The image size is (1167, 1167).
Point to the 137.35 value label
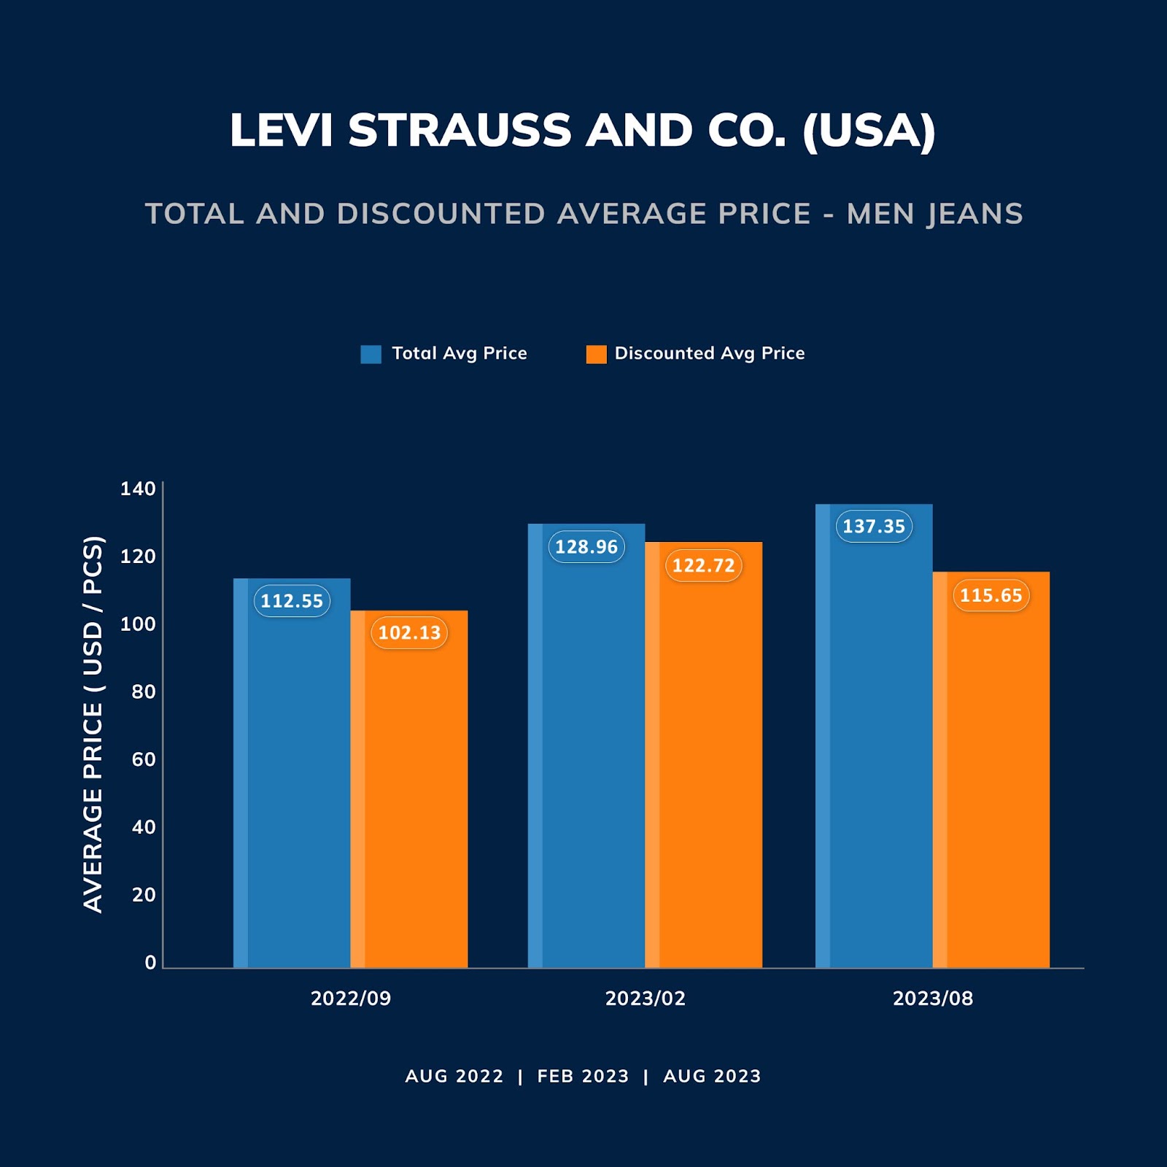pyautogui.click(x=874, y=526)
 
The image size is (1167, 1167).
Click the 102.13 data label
pyautogui.click(x=409, y=632)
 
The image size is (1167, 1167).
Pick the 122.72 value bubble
pyautogui.click(x=703, y=565)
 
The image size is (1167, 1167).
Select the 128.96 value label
pyautogui.click(x=586, y=546)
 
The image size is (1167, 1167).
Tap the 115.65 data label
pyautogui.click(x=990, y=595)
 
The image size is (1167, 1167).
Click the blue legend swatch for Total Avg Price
pyautogui.click(x=371, y=354)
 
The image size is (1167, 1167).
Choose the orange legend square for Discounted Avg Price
pyautogui.click(x=596, y=354)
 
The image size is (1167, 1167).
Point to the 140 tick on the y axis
pyautogui.click(x=138, y=489)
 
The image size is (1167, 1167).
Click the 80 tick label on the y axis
pyautogui.click(x=144, y=691)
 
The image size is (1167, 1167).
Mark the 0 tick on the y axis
pyautogui.click(x=150, y=962)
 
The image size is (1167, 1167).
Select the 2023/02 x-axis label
pyautogui.click(x=645, y=998)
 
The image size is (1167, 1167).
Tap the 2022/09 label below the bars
pyautogui.click(x=351, y=998)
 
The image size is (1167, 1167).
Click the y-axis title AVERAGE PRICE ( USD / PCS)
pyautogui.click(x=93, y=724)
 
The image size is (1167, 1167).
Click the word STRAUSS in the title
pyautogui.click(x=460, y=131)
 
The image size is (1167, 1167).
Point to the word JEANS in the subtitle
pyautogui.click(x=975, y=214)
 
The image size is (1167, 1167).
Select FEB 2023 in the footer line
pyautogui.click(x=583, y=1076)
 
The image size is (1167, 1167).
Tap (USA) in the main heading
pyautogui.click(x=868, y=131)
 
